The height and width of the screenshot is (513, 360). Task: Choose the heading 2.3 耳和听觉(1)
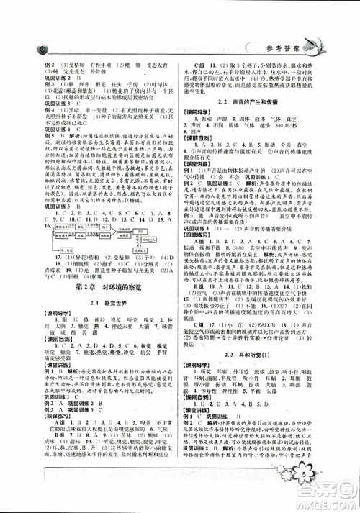coord(256,335)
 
